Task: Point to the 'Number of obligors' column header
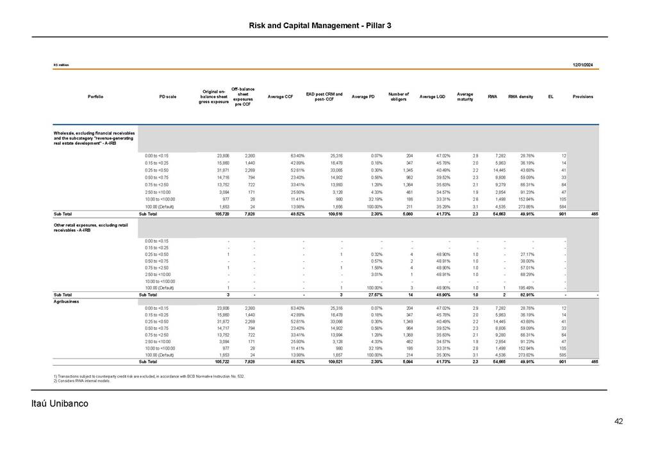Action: coord(399,97)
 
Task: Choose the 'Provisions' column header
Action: coord(583,97)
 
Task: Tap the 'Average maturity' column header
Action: coord(465,97)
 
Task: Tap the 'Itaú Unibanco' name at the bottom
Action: coord(60,405)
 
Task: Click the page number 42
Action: coord(618,421)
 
